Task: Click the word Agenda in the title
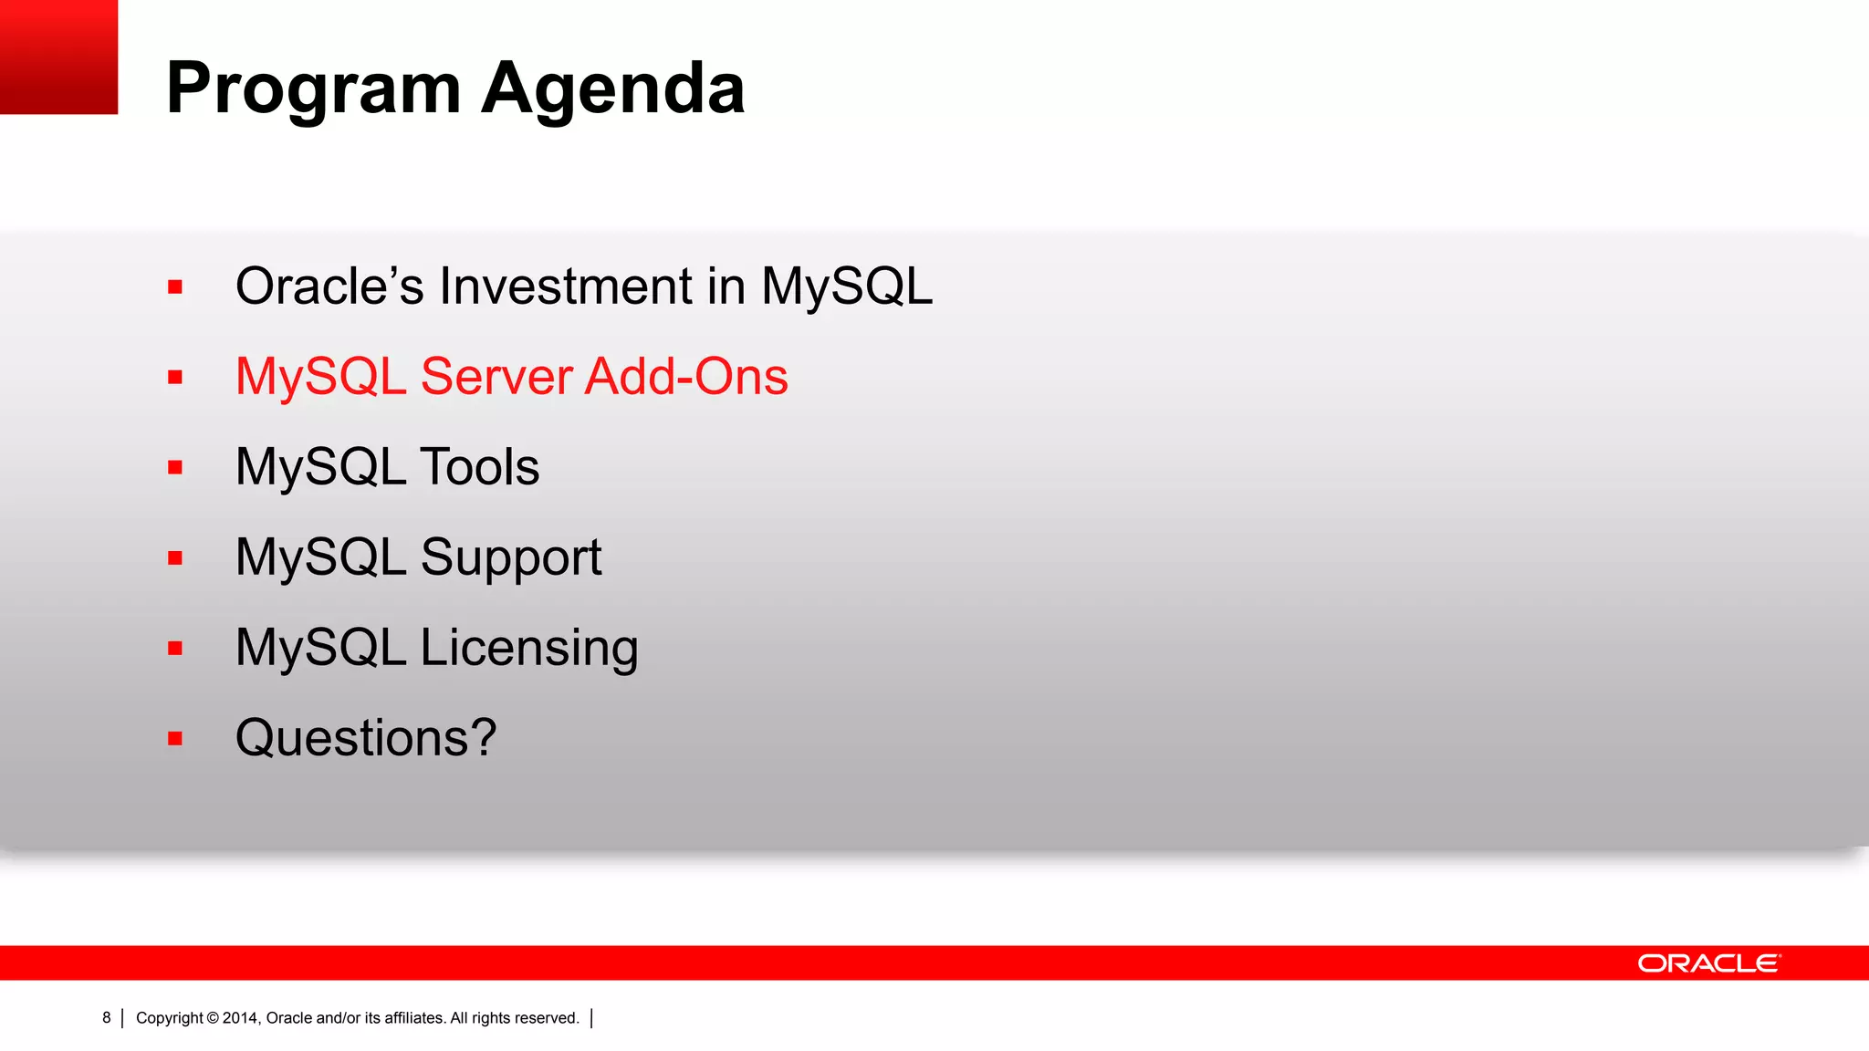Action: pos(612,89)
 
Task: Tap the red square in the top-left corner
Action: pos(58,57)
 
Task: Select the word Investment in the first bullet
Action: pos(566,286)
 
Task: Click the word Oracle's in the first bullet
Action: pos(329,286)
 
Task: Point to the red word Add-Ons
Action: pos(686,376)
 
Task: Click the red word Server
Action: pos(496,376)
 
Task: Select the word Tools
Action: pos(479,466)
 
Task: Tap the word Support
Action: pos(511,557)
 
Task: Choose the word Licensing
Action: pos(529,648)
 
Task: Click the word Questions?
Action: pos(366,737)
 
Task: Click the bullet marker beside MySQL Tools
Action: pos(175,468)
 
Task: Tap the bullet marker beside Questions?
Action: pos(175,739)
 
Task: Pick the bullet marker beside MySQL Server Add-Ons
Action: pos(175,378)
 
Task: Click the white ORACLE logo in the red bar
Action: pos(1708,963)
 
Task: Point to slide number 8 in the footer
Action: pos(107,1017)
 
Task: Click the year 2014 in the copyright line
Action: pos(241,1018)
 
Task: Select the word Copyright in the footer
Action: pos(170,1018)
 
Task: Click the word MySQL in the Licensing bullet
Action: pos(320,648)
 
